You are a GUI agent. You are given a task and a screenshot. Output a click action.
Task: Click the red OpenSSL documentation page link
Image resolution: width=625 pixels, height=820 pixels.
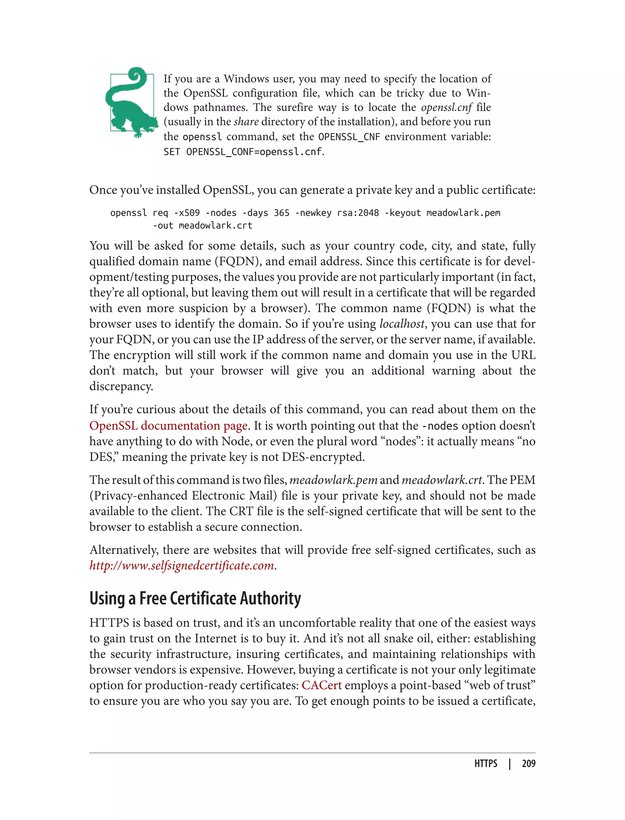(168, 426)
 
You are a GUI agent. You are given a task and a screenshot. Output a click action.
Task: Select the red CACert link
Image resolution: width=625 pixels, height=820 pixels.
(321, 685)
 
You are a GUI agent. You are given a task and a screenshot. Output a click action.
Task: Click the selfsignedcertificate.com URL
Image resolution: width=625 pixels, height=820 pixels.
(182, 565)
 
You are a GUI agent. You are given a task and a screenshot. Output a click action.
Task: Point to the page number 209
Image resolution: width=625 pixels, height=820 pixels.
(528, 764)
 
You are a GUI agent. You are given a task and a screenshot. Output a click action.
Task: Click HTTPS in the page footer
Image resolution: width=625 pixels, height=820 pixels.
(486, 764)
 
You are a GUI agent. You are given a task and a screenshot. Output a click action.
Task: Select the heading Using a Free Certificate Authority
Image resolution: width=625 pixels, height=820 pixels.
(195, 598)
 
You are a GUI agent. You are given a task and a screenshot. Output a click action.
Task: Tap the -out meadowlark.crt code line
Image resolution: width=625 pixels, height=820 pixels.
(202, 225)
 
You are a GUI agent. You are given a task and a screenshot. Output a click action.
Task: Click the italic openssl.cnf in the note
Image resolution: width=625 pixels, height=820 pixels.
(446, 107)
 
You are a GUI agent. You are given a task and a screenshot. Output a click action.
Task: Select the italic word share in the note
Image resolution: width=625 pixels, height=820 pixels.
(246, 122)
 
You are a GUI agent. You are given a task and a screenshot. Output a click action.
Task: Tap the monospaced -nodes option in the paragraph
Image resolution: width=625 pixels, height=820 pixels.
(440, 426)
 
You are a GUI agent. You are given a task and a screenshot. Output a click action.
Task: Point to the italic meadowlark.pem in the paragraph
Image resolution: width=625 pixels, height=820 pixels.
(333, 480)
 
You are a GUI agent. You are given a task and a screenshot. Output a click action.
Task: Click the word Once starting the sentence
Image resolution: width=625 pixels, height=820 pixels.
(103, 190)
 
